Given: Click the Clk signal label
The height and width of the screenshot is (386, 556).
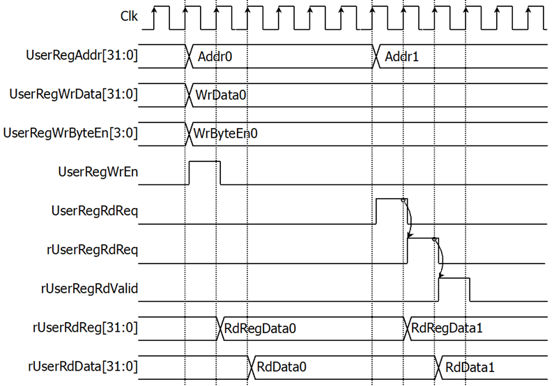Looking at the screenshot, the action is pyautogui.click(x=129, y=16).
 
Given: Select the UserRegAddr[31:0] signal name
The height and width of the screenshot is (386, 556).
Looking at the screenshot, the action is pyautogui.click(x=82, y=56).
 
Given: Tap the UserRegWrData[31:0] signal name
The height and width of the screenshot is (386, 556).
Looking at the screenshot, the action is pyautogui.click(x=73, y=95).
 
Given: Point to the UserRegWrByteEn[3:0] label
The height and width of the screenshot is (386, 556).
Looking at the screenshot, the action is pyautogui.click(x=70, y=134).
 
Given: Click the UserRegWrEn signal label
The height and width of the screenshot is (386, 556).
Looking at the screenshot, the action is pyautogui.click(x=98, y=172).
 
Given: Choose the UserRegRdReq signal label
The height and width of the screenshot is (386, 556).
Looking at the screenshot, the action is pyautogui.click(x=95, y=211).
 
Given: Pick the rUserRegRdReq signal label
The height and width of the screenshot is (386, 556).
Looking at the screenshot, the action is pyautogui.click(x=92, y=250).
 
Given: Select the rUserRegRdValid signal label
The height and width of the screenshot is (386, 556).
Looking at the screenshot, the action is pyautogui.click(x=89, y=289).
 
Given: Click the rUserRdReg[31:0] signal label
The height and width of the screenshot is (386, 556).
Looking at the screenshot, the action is pyautogui.click(x=85, y=328).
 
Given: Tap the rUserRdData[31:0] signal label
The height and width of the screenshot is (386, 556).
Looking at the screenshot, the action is pyautogui.click(x=83, y=367).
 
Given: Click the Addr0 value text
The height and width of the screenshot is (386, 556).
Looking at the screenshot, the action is pyautogui.click(x=215, y=56).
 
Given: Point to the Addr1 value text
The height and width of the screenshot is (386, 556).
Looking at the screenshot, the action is pyautogui.click(x=402, y=56).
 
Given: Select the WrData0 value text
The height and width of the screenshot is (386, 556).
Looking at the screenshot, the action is pyautogui.click(x=221, y=95).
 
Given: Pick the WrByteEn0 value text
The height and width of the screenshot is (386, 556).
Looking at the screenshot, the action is pyautogui.click(x=226, y=134).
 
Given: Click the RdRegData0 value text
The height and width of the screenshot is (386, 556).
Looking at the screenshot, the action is pyautogui.click(x=260, y=329).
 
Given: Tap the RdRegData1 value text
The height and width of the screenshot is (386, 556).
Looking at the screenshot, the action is pyautogui.click(x=447, y=328).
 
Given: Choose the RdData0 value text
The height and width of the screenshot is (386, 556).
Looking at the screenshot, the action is pyautogui.click(x=281, y=367).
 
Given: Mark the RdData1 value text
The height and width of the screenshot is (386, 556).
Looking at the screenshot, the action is pyautogui.click(x=470, y=367).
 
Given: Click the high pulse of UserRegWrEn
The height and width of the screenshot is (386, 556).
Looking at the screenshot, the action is pyautogui.click(x=205, y=161).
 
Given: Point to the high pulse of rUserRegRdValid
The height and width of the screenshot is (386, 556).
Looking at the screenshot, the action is pyautogui.click(x=454, y=278).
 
